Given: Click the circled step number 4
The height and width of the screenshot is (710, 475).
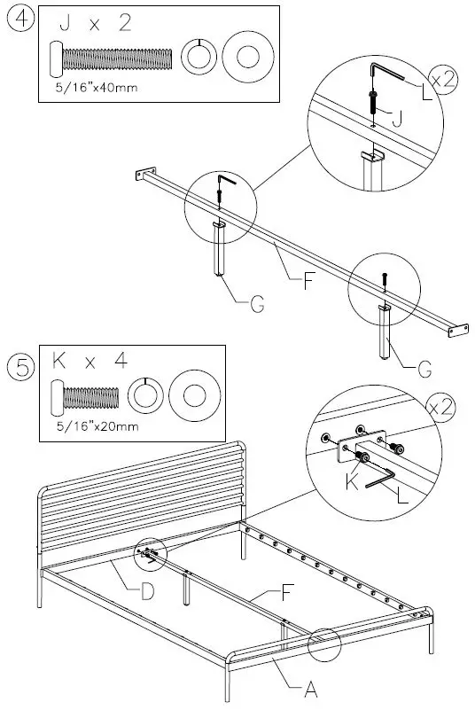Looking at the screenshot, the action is (21, 20).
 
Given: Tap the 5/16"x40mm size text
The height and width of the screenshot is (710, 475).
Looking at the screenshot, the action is (97, 88).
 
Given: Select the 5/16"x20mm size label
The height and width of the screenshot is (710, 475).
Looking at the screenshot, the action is (97, 426).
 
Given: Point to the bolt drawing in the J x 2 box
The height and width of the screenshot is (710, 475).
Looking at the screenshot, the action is (111, 59).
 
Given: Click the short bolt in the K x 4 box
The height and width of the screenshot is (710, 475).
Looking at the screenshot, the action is (85, 398).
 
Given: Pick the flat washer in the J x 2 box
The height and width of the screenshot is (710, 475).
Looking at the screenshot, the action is (247, 57).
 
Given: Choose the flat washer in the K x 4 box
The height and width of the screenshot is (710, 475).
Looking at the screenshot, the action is (195, 395).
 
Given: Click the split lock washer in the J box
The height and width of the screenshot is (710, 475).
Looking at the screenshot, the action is (199, 57).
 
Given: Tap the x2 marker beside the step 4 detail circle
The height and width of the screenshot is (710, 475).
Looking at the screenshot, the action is (442, 80).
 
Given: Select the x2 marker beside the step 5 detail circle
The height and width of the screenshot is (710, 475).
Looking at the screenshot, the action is (440, 408).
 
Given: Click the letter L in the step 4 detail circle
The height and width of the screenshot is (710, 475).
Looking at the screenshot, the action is (426, 93).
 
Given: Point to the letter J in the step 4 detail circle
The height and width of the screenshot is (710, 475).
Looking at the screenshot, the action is (397, 119).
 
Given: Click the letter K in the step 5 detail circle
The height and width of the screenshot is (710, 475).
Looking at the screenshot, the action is (352, 482).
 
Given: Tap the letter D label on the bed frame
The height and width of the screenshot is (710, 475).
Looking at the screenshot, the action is (148, 591).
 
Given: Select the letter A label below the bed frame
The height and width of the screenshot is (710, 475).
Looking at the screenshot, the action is (311, 690).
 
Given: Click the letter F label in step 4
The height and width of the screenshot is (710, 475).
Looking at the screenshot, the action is (308, 281).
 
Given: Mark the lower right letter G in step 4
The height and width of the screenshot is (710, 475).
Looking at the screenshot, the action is (424, 370).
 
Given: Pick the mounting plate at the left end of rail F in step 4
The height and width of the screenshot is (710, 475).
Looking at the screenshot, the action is (146, 174).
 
